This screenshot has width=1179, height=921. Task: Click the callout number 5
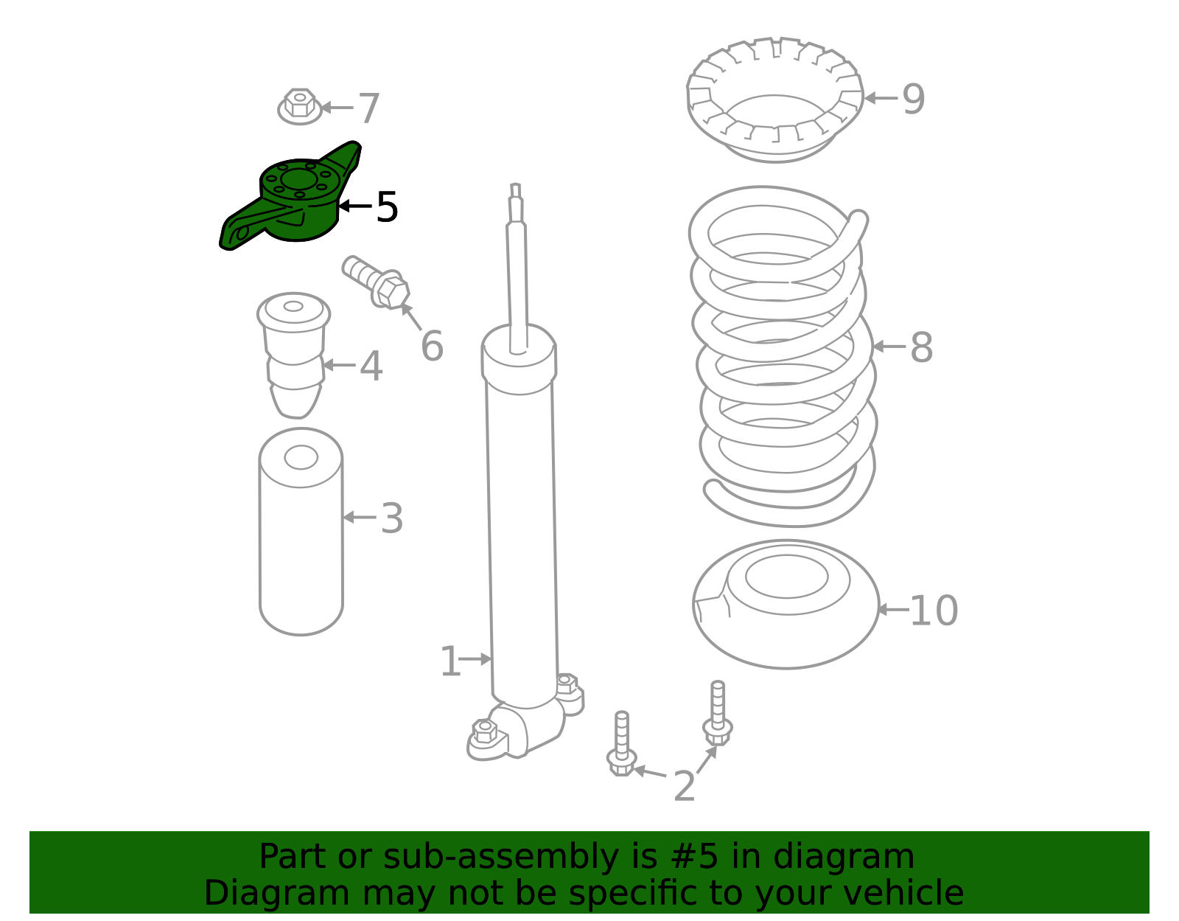pyautogui.click(x=387, y=206)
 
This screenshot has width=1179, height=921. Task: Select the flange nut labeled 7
pyautogui.click(x=299, y=106)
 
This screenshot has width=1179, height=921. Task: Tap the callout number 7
pyautogui.click(x=369, y=108)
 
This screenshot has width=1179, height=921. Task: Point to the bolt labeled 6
pyautogui.click(x=376, y=282)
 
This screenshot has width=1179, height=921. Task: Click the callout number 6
pyautogui.click(x=432, y=346)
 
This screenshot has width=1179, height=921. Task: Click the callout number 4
pyautogui.click(x=371, y=366)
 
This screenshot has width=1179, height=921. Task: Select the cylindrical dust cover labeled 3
pyautogui.click(x=301, y=532)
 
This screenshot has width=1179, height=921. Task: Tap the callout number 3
pyautogui.click(x=392, y=518)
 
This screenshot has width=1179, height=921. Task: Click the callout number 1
pyautogui.click(x=450, y=661)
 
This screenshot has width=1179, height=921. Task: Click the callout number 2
pyautogui.click(x=684, y=786)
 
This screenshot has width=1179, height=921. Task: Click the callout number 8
pyautogui.click(x=921, y=347)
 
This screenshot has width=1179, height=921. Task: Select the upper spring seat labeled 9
pyautogui.click(x=774, y=100)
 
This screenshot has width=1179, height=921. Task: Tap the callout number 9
pyautogui.click(x=913, y=99)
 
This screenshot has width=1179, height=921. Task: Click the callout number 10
pyautogui.click(x=934, y=611)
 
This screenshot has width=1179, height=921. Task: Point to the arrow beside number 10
pyautogui.click(x=893, y=610)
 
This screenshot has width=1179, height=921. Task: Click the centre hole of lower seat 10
pyautogui.click(x=786, y=577)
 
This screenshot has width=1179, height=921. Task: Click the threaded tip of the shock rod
pyautogui.click(x=515, y=190)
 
